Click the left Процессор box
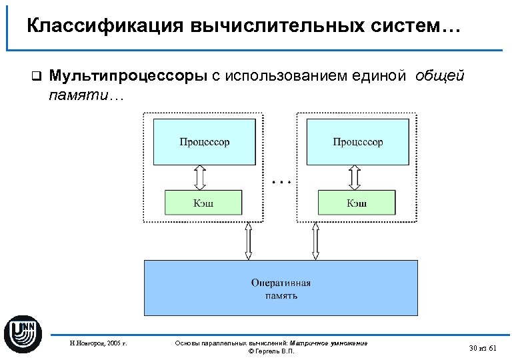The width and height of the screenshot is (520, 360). point(205,141)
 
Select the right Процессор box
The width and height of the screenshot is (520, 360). point(358,141)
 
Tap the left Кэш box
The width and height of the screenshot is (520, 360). point(204,203)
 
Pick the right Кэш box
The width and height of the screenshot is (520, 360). point(357,203)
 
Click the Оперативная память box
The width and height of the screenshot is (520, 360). point(281,287)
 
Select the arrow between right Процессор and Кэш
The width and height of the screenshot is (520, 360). point(354,177)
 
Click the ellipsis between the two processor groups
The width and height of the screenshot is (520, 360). point(282,181)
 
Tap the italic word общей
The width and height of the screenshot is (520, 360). point(439,76)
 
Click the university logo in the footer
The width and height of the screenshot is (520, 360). point(23,331)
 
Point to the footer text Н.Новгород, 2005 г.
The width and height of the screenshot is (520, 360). point(98,344)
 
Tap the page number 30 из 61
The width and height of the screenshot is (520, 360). point(483,348)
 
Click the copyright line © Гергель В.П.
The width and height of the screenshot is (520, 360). point(271,351)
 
